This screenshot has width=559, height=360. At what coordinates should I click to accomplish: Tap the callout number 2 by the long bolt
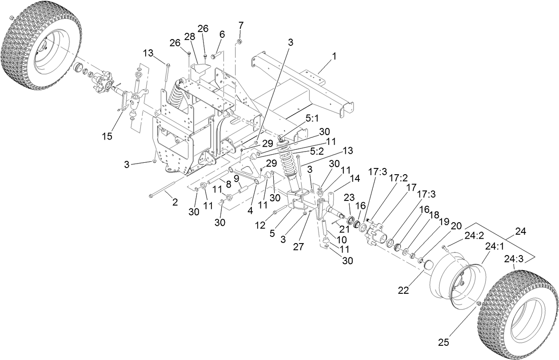tap(175, 202)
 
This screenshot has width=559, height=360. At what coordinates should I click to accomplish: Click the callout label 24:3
tap(513, 259)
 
